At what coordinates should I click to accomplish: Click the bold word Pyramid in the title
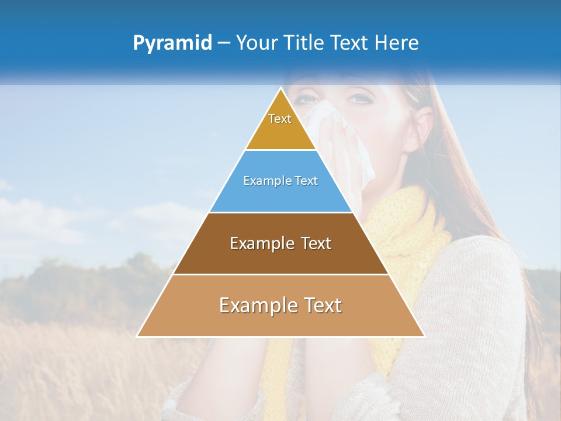(x=172, y=43)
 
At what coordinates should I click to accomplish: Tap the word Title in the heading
(x=304, y=43)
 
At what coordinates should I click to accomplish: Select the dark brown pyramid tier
(x=280, y=257)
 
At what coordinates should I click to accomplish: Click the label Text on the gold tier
(x=280, y=119)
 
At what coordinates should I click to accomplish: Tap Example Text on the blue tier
(x=280, y=181)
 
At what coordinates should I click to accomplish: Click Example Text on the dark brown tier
(x=280, y=243)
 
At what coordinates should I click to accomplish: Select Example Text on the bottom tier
(x=280, y=305)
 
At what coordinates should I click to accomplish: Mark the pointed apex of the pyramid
(x=281, y=88)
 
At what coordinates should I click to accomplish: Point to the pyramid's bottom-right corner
(x=424, y=336)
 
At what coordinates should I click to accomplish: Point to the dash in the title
(x=224, y=43)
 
